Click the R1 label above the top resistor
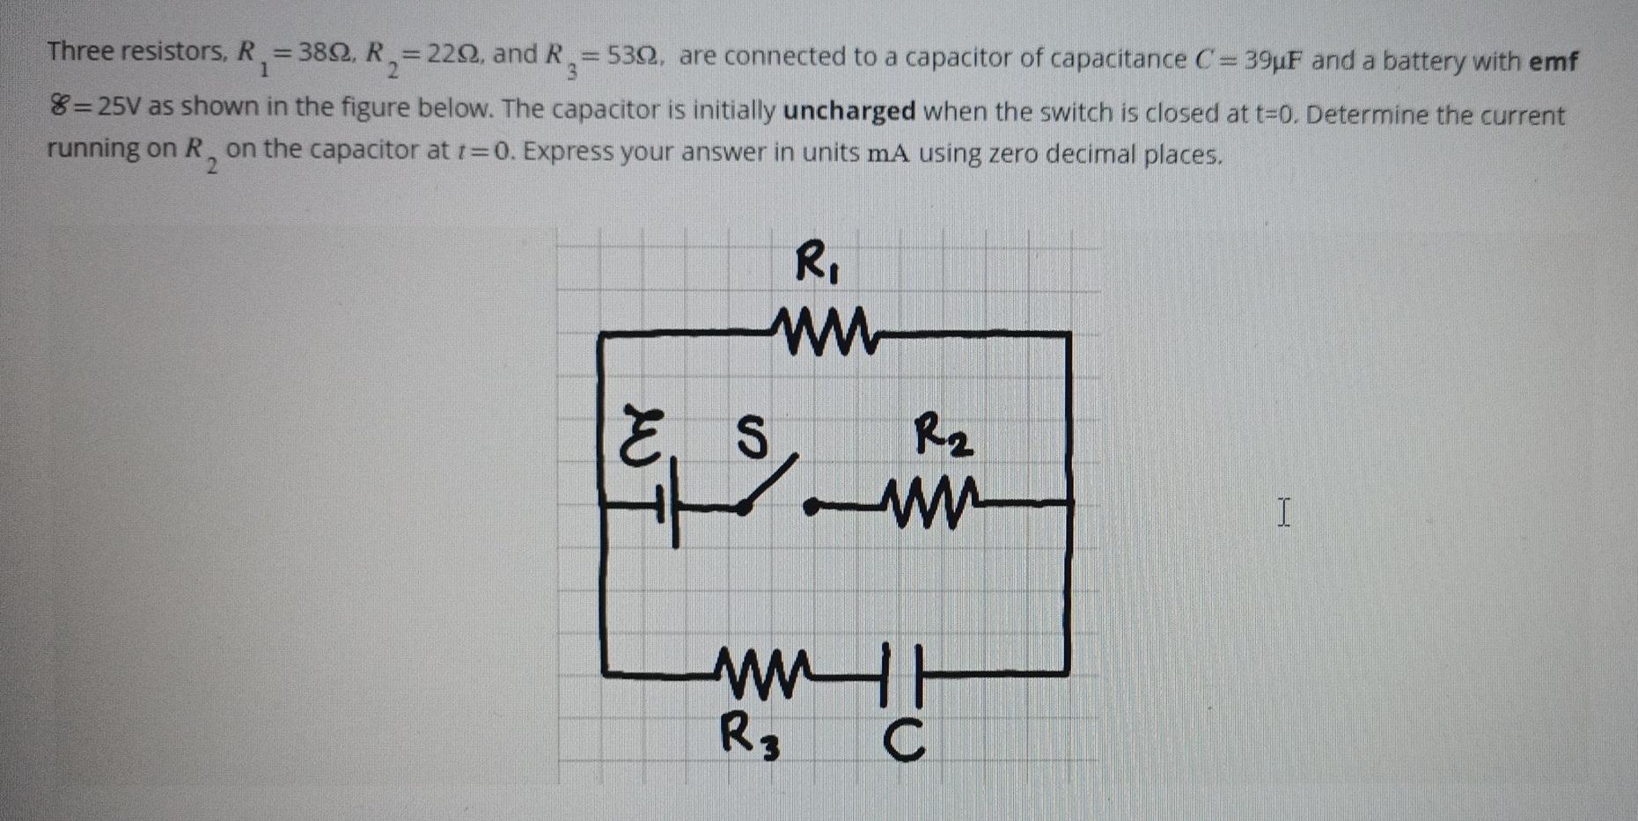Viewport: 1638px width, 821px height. click(x=816, y=264)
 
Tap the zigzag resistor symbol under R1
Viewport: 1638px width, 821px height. click(x=823, y=333)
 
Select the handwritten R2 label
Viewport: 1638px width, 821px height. click(x=943, y=436)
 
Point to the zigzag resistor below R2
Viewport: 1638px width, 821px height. click(x=934, y=503)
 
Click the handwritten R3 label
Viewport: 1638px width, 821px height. click(x=749, y=736)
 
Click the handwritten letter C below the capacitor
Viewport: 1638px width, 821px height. click(x=905, y=740)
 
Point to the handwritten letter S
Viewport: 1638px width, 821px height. click(x=750, y=436)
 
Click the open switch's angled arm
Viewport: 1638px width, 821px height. click(x=771, y=482)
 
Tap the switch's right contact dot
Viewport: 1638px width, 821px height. click(x=812, y=506)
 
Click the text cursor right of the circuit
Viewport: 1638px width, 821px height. click(x=1284, y=512)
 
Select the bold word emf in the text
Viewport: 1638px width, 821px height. click(x=1554, y=62)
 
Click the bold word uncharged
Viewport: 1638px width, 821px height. click(x=849, y=112)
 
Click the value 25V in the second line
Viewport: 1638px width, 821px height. click(x=119, y=108)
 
